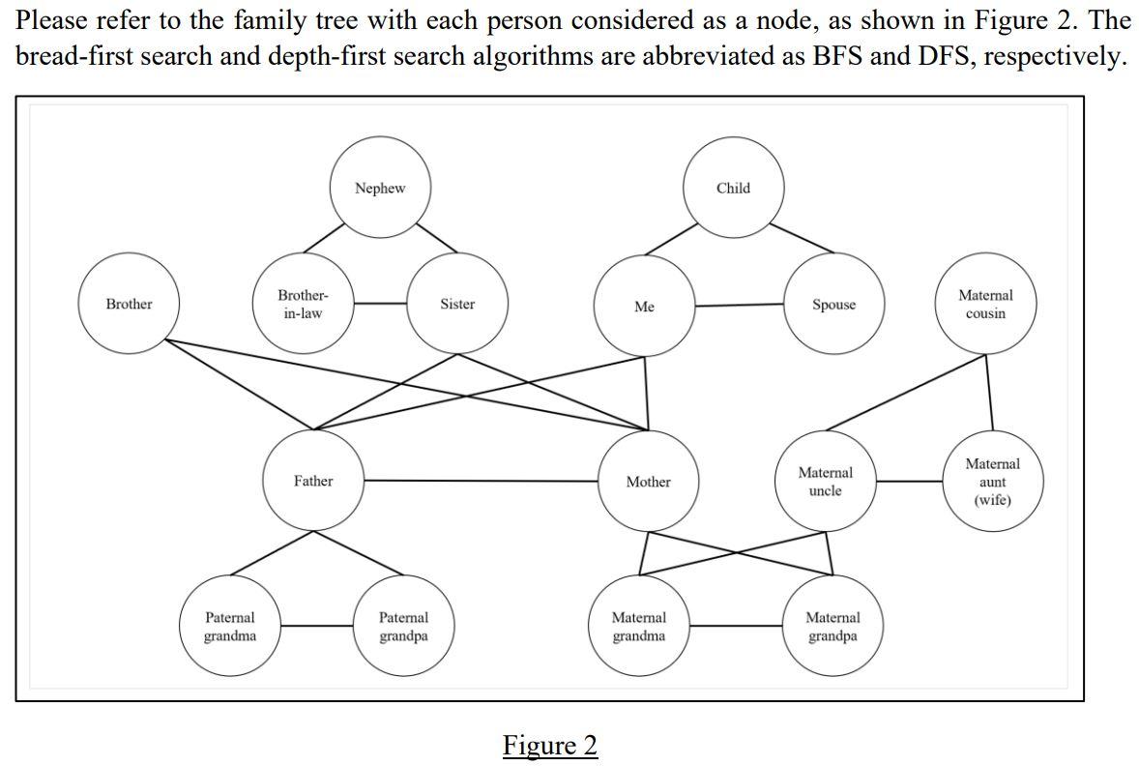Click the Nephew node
click(380, 189)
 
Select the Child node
click(733, 189)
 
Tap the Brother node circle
click(129, 305)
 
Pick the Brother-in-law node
click(303, 305)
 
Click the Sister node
click(457, 305)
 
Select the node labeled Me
click(644, 307)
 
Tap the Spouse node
click(833, 305)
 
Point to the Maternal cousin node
click(986, 305)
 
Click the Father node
click(313, 481)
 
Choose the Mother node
click(648, 482)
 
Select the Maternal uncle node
click(825, 482)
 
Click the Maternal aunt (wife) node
click(992, 482)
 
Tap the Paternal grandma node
click(230, 626)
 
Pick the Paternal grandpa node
click(403, 626)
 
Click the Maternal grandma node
click(638, 626)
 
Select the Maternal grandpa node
click(832, 626)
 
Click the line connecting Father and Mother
click(480, 481)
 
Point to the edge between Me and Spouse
click(739, 306)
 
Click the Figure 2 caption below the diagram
click(550, 746)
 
